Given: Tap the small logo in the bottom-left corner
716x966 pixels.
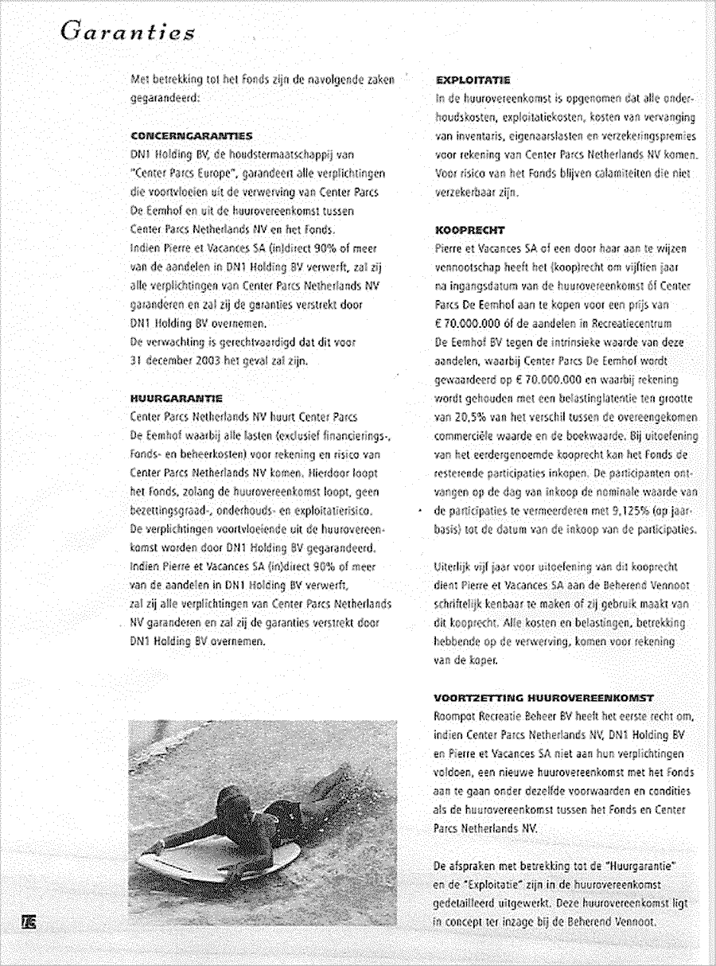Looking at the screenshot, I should coord(31,921).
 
